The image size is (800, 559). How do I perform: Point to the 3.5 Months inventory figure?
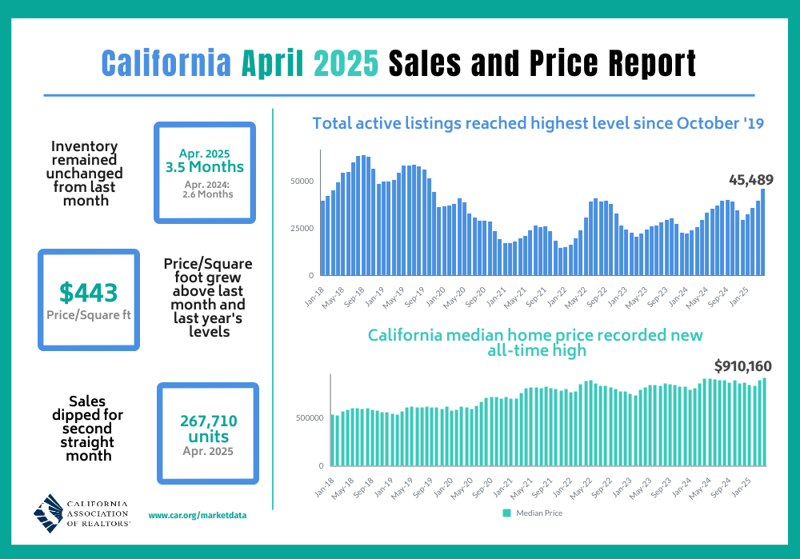click(204, 167)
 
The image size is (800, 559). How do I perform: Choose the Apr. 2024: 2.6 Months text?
click(204, 190)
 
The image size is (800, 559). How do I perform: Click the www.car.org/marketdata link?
click(197, 516)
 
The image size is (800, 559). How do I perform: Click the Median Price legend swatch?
click(506, 513)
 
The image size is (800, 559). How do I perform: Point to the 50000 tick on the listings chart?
click(302, 182)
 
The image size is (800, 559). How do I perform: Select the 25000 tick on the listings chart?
click(302, 229)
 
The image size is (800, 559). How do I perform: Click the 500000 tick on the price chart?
click(309, 417)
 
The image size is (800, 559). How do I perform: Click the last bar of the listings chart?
click(763, 232)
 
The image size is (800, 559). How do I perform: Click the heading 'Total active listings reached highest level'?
click(538, 123)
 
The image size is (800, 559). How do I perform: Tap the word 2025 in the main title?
click(346, 62)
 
